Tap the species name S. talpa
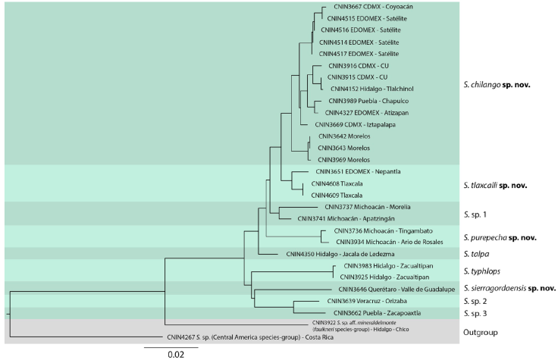[476, 254]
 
